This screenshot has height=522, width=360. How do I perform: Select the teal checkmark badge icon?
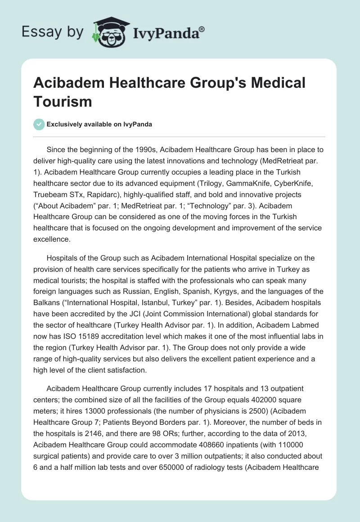click(x=40, y=124)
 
